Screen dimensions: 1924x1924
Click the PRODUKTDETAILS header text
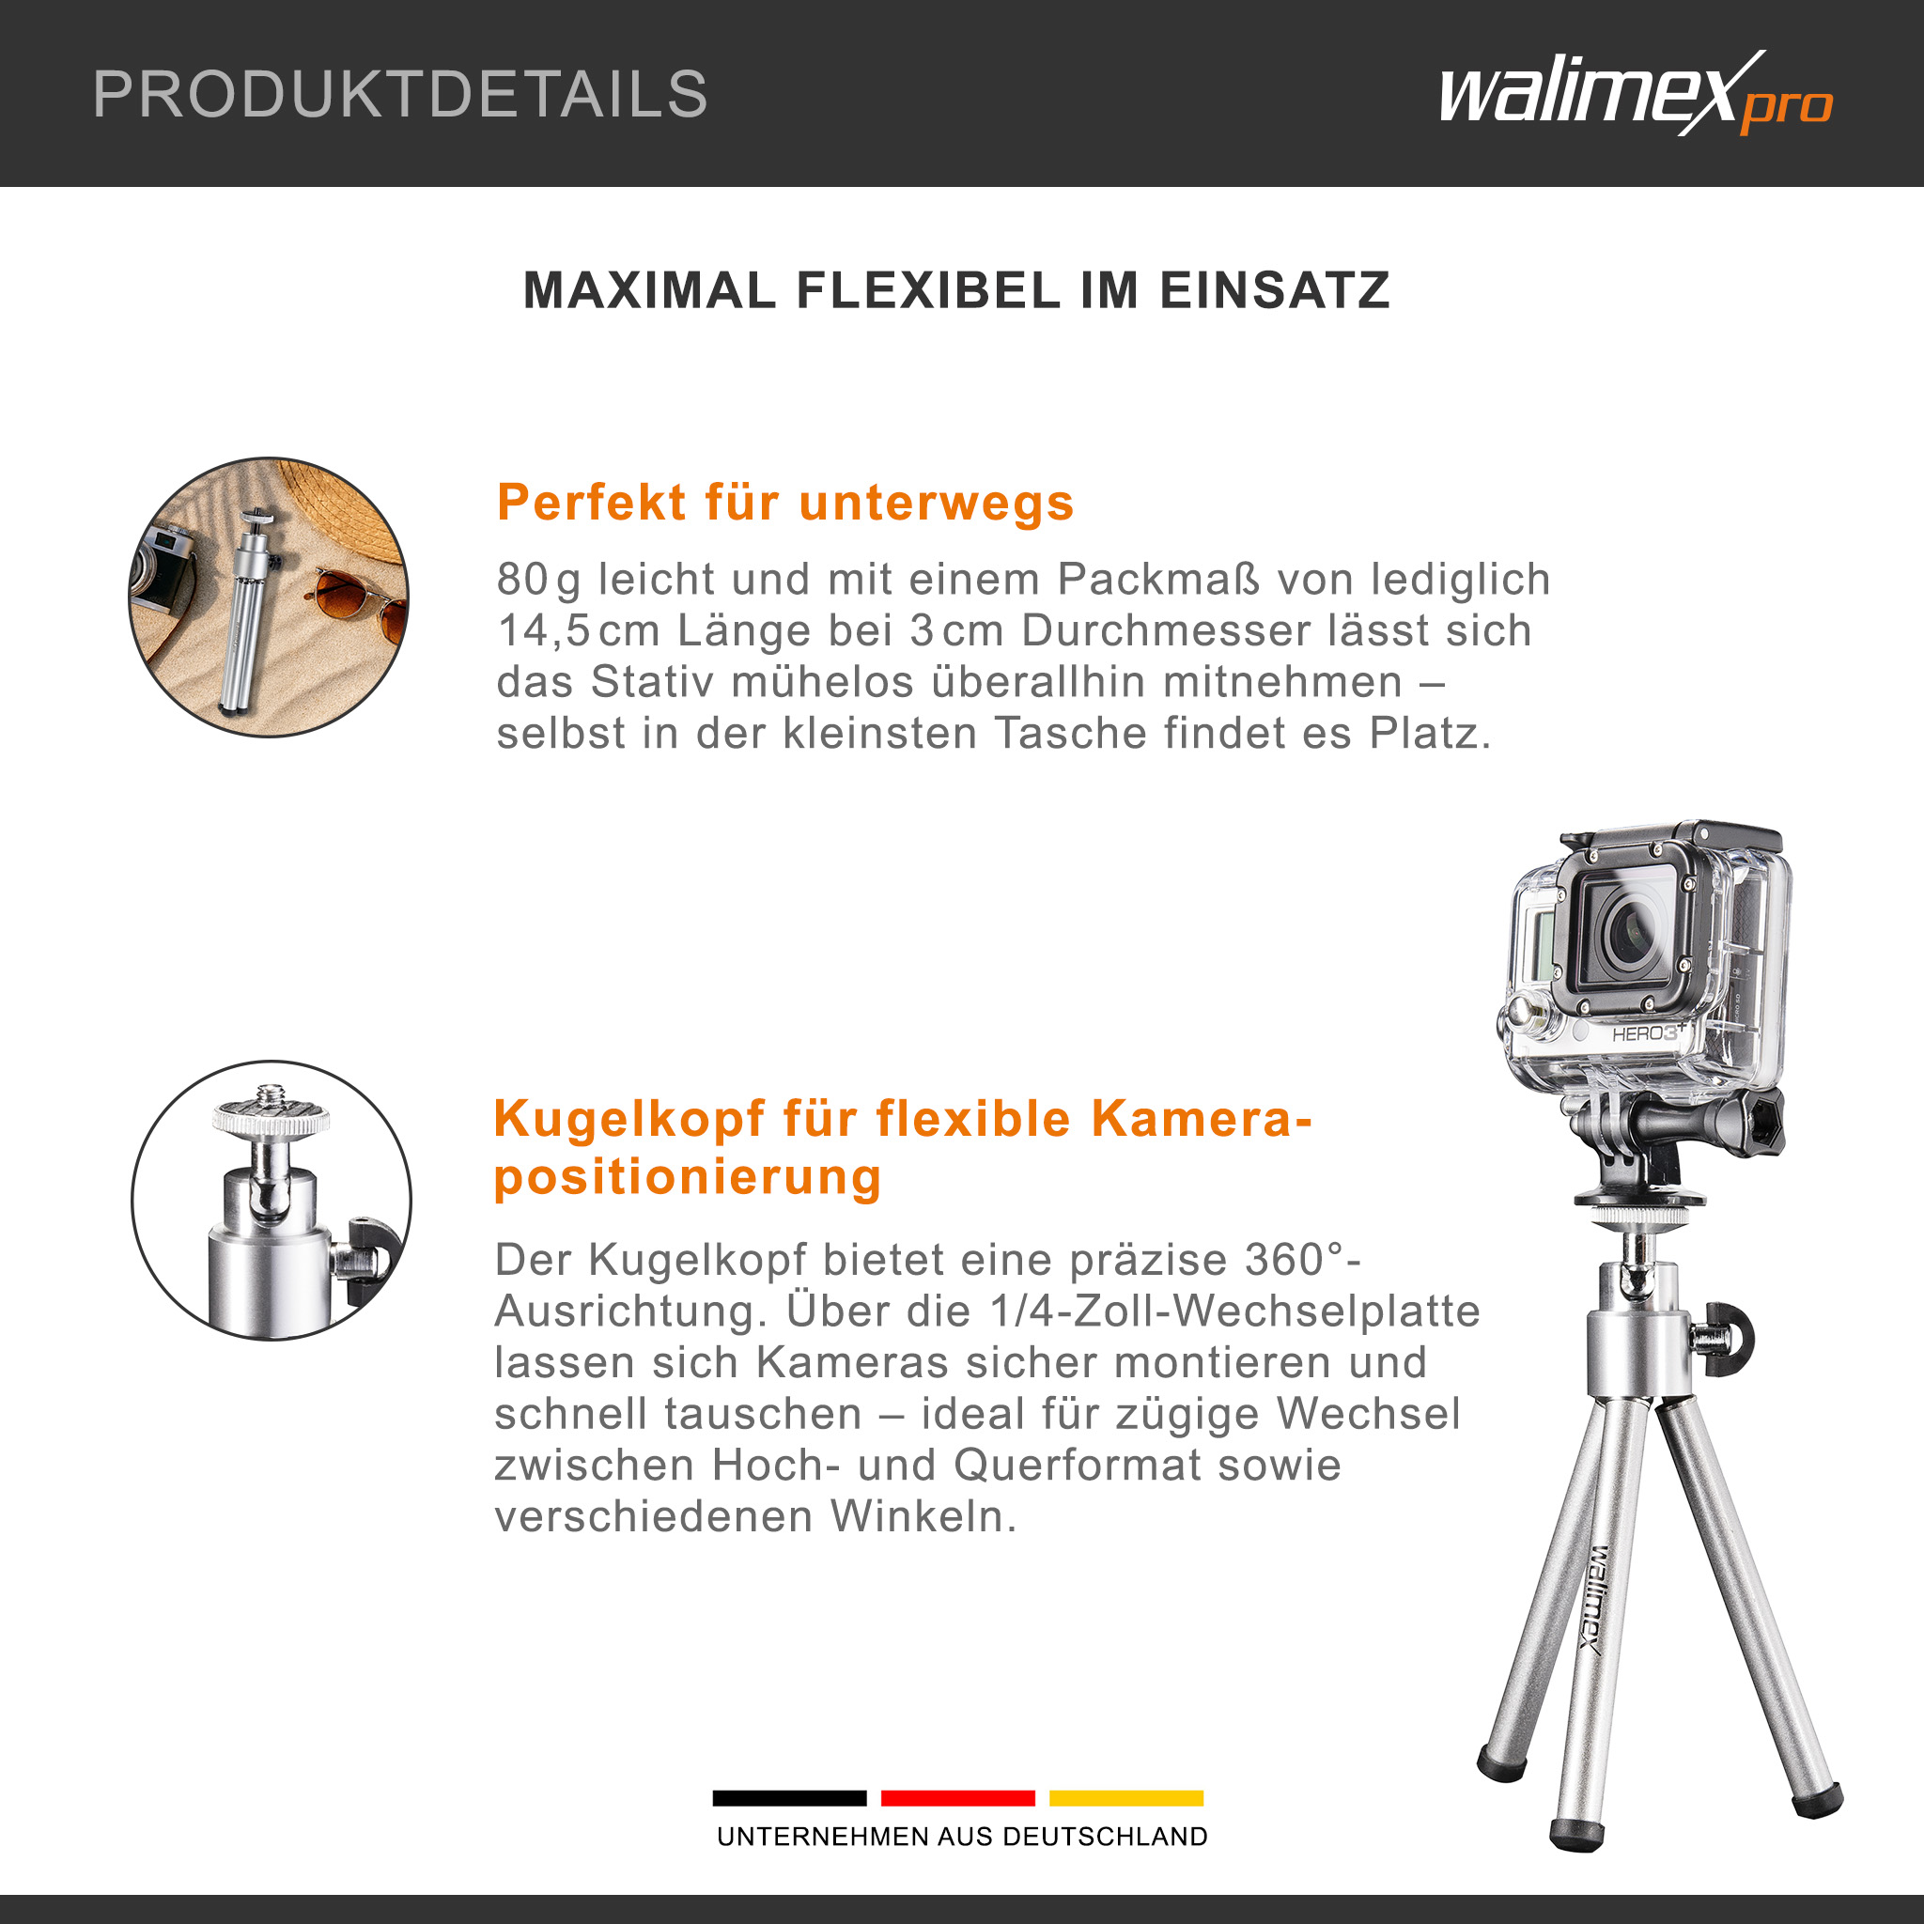click(399, 95)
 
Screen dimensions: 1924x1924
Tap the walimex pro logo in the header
click(1636, 94)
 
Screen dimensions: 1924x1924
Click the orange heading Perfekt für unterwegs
click(785, 502)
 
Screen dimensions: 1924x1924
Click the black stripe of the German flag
click(790, 1797)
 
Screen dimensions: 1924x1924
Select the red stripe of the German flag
click(958, 1797)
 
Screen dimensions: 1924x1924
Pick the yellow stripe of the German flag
click(1126, 1797)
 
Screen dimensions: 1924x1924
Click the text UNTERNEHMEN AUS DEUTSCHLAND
click(962, 1837)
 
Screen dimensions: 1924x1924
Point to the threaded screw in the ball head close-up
click(270, 1096)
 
